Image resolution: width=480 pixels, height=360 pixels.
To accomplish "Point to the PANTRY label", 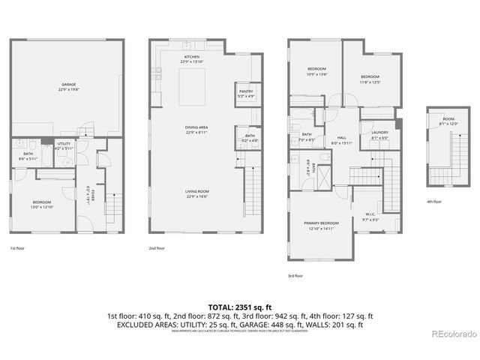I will click(x=245, y=92).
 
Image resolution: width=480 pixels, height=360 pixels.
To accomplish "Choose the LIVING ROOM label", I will click(x=196, y=193).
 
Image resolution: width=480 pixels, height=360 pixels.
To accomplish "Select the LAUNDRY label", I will click(x=379, y=134).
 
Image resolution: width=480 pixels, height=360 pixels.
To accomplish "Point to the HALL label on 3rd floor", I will click(x=341, y=139).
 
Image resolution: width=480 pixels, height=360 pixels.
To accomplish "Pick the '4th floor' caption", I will click(x=434, y=202).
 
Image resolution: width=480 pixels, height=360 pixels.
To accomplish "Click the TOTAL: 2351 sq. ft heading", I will click(x=239, y=307).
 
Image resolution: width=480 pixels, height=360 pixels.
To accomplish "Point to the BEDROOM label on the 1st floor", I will click(x=41, y=202).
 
